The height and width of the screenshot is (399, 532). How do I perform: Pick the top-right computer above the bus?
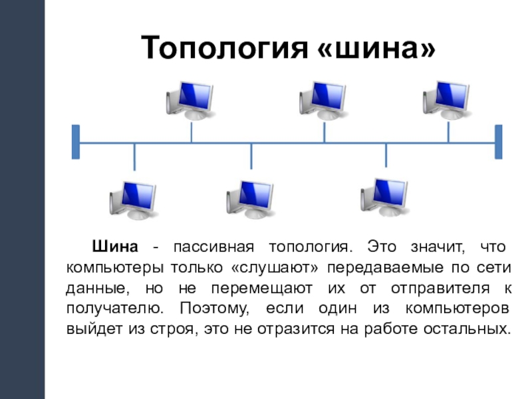446,99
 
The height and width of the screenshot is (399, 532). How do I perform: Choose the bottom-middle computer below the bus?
250,199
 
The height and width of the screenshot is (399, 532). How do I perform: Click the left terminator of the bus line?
76,142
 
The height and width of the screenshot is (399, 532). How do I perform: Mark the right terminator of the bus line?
499,142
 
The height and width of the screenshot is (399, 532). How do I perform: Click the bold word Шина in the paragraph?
114,247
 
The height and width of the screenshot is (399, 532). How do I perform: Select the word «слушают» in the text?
278,268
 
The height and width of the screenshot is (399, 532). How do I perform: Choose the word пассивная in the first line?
212,247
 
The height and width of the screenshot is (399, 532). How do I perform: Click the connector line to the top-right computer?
448,132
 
